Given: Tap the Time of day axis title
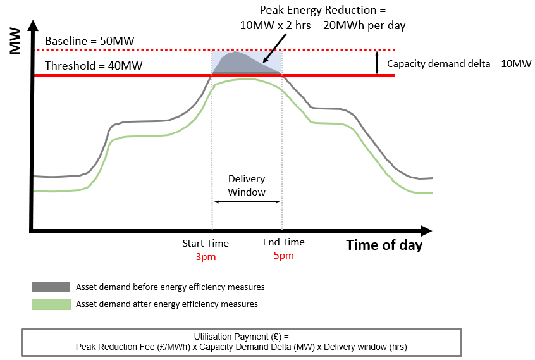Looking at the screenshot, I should (384, 245).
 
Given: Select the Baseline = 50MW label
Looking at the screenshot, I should (90, 41).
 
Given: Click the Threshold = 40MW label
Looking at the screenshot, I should (93, 65).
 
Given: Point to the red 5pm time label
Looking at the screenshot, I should (283, 256).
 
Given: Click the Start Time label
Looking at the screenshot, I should (206, 244).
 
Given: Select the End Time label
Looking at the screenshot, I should (283, 242).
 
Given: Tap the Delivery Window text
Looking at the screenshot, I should (247, 185).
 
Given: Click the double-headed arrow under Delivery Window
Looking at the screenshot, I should (247, 202).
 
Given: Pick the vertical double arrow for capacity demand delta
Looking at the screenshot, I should (377, 62).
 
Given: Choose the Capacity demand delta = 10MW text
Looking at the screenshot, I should (459, 63).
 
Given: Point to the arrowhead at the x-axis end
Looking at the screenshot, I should (426, 231).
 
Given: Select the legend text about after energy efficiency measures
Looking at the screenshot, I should (167, 304).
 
